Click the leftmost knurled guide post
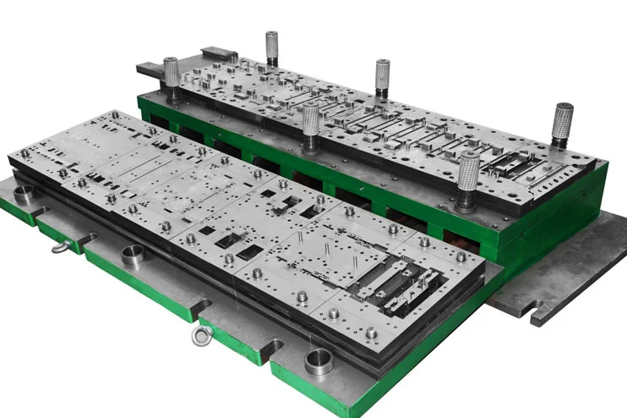171,74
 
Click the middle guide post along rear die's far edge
382,76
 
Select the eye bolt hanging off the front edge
202,335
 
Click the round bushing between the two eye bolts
133,256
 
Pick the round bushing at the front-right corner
319,363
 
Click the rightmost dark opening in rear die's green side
456,238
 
